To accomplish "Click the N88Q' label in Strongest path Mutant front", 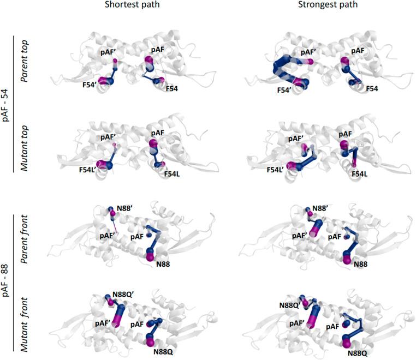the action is click(x=289, y=305).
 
